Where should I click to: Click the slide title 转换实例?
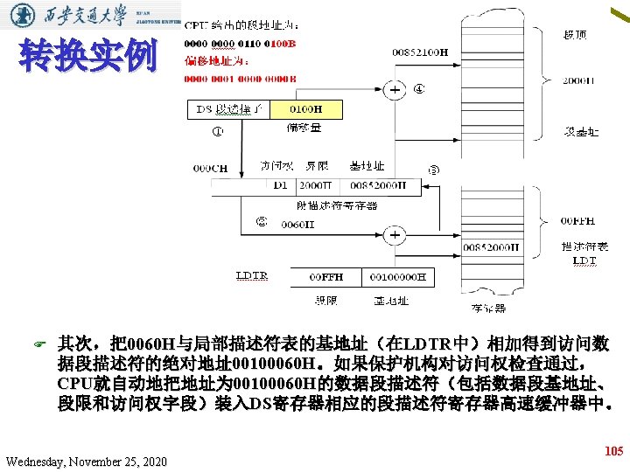coord(87,57)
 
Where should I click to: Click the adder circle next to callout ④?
coord(395,89)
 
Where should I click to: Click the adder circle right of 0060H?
coord(395,235)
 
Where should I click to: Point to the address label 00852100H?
coord(420,53)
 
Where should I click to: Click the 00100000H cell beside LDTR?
coord(397,277)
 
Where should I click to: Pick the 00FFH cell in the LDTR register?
coord(326,277)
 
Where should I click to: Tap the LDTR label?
coord(251,276)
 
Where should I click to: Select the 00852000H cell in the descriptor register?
coord(378,186)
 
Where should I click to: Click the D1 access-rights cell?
coord(280,186)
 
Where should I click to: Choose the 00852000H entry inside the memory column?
coord(491,247)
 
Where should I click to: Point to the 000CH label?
coord(210,168)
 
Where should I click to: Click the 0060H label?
coord(297,226)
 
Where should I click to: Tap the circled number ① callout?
coord(217,133)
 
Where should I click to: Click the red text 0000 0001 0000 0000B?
coord(240,79)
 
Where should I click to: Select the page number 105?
coord(614,451)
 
